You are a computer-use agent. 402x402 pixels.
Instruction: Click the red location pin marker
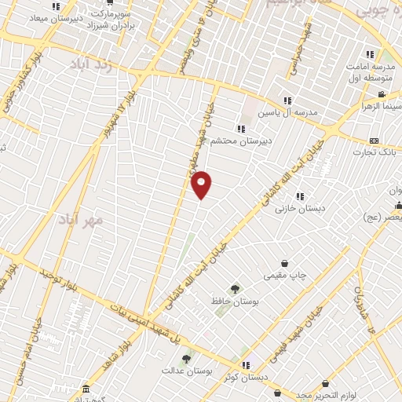point(202,185)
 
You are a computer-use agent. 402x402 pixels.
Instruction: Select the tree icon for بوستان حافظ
point(234,289)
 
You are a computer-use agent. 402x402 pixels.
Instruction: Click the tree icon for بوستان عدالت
point(186,358)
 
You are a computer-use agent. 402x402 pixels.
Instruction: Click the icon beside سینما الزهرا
point(382,95)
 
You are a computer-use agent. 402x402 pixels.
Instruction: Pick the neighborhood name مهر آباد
point(82,219)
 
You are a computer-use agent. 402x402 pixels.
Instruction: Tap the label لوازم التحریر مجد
point(314,395)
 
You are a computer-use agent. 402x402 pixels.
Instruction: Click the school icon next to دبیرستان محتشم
point(239,129)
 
